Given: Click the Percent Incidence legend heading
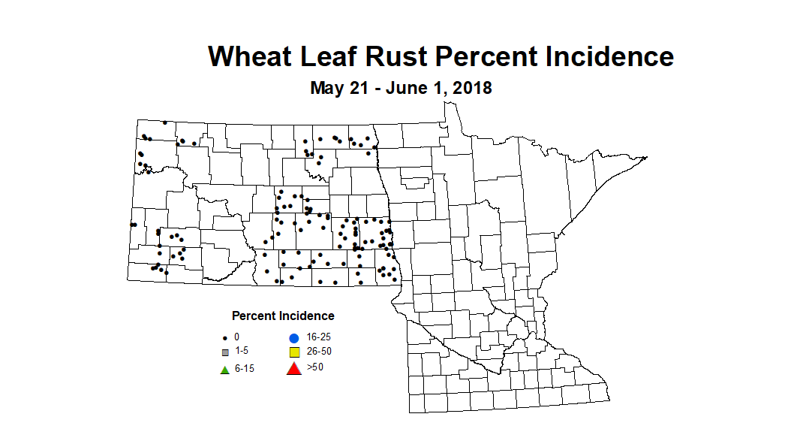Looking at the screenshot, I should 283,316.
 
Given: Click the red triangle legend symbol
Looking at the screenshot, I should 294,368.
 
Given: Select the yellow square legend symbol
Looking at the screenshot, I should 294,352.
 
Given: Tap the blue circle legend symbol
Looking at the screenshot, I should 294,337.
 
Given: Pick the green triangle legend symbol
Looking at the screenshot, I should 224,369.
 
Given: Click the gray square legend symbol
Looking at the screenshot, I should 224,352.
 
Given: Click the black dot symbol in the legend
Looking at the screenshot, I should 224,338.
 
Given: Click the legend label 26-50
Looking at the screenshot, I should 320,352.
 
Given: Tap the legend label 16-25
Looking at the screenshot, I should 320,337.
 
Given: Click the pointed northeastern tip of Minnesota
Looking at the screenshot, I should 645,157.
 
